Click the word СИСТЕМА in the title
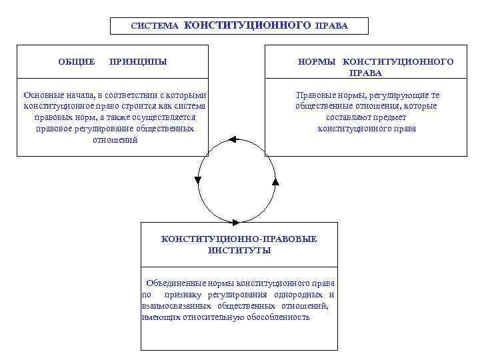155,27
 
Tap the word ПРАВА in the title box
332,27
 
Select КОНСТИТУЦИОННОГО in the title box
247,26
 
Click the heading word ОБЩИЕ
77,62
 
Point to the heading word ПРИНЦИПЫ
137,62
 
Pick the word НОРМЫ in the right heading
317,62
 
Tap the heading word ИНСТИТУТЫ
239,250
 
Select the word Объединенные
176,283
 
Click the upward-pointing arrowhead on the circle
275,181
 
